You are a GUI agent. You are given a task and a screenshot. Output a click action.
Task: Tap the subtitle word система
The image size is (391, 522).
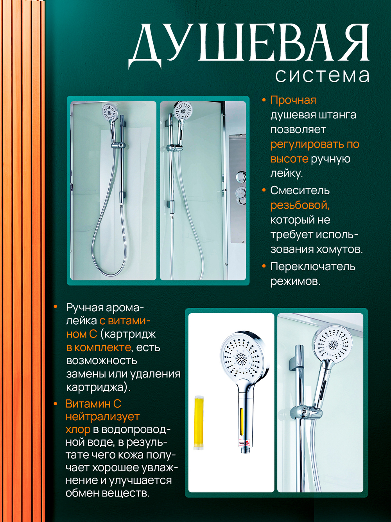pyautogui.click(x=322, y=75)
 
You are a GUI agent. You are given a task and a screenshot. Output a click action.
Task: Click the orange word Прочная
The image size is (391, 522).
pyautogui.click(x=293, y=100)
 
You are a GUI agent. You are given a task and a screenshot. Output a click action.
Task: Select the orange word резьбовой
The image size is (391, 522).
pyautogui.click(x=300, y=205)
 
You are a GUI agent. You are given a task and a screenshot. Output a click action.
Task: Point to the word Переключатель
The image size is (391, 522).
pyautogui.click(x=313, y=267)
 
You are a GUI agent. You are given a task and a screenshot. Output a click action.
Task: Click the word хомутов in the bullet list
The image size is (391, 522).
pyautogui.click(x=339, y=249)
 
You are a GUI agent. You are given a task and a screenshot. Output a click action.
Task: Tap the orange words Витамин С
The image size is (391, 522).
pyautogui.click(x=93, y=404)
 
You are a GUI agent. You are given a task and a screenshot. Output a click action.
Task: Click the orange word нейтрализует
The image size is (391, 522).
pyautogui.click(x=102, y=417)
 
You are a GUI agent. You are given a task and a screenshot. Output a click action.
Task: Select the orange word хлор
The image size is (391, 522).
pyautogui.click(x=78, y=430)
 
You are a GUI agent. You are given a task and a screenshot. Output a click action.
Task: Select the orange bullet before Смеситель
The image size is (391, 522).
pyautogui.click(x=264, y=190)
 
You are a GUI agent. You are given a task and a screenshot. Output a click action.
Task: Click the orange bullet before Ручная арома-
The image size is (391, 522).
pyautogui.click(x=56, y=307)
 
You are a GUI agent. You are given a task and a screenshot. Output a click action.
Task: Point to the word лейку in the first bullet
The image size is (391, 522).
pyautogui.click(x=286, y=173)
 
